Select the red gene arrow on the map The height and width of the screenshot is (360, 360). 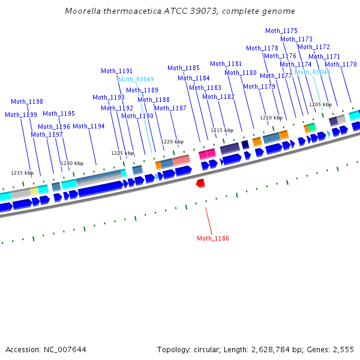pyautogui.click(x=201, y=182)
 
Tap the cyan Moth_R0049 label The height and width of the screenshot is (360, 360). pyautogui.click(x=136, y=79)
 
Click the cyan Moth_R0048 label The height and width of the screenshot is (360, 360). pyautogui.click(x=312, y=72)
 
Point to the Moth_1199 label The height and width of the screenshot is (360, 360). pyautogui.click(x=21, y=115)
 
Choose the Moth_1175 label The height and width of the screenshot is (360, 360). pyautogui.click(x=281, y=31)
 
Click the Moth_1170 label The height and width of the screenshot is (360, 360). pyautogui.click(x=341, y=64)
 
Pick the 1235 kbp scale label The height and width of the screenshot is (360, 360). pyautogui.click(x=22, y=173)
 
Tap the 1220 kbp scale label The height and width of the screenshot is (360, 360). pyautogui.click(x=172, y=142)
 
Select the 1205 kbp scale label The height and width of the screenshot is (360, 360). pyautogui.click(x=320, y=104)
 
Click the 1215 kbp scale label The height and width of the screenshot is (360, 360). pyautogui.click(x=221, y=130)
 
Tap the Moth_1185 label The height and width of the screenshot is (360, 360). pyautogui.click(x=184, y=68)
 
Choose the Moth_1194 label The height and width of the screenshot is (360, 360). pyautogui.click(x=89, y=126)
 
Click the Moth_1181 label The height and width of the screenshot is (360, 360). pyautogui.click(x=226, y=64)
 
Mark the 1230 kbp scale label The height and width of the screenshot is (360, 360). pyautogui.click(x=72, y=163)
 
